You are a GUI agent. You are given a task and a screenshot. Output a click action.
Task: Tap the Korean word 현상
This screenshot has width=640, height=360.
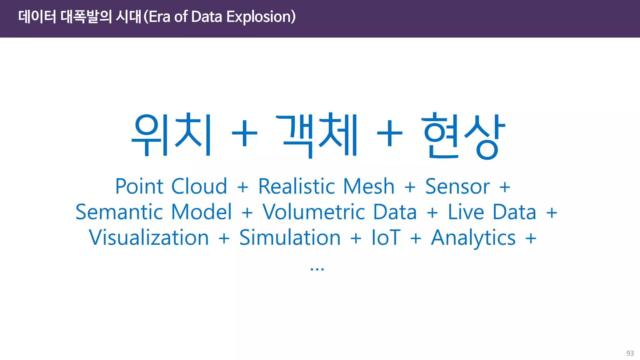click(464, 135)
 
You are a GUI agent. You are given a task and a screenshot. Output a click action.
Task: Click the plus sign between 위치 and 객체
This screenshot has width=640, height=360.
click(244, 134)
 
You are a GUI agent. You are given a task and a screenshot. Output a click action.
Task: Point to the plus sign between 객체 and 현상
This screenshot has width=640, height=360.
click(389, 134)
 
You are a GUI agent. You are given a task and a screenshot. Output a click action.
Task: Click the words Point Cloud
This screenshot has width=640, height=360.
click(171, 187)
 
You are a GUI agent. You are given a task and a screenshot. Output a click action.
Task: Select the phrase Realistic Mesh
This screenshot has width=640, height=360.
click(326, 187)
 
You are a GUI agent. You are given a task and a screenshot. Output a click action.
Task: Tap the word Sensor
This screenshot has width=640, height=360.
click(457, 187)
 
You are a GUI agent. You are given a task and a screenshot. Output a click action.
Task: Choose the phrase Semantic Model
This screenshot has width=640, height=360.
click(154, 212)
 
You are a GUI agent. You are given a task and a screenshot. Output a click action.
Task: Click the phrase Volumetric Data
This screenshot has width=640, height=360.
click(339, 212)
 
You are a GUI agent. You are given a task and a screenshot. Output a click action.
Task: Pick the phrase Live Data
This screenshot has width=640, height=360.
click(492, 212)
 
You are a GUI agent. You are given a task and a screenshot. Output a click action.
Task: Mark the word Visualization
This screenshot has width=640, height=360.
click(149, 238)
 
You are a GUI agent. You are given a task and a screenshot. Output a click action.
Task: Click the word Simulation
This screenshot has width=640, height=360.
click(290, 238)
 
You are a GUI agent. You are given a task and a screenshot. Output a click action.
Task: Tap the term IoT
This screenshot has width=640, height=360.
click(386, 238)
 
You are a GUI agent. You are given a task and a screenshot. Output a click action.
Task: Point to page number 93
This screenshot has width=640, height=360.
click(630, 353)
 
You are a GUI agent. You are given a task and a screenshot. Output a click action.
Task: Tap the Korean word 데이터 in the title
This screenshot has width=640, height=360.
click(37, 17)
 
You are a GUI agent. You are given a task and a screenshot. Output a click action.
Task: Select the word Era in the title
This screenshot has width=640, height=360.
click(159, 17)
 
